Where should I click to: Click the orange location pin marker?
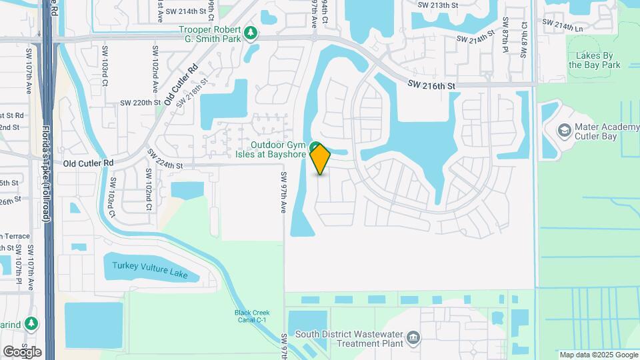pyautogui.click(x=321, y=159)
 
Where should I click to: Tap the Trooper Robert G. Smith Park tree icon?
pyautogui.click(x=251, y=32)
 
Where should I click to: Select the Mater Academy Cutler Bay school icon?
pyautogui.click(x=565, y=129)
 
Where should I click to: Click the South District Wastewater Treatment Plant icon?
pyautogui.click(x=413, y=337)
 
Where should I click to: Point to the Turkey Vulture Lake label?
pyautogui.click(x=150, y=270)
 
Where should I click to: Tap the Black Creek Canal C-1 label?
pyautogui.click(x=251, y=317)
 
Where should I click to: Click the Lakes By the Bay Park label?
pyautogui.click(x=595, y=61)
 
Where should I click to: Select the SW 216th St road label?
pyautogui.click(x=431, y=86)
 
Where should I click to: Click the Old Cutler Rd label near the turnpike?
pyautogui.click(x=88, y=163)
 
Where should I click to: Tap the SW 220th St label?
pyautogui.click(x=137, y=103)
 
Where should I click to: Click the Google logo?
pyautogui.click(x=22, y=352)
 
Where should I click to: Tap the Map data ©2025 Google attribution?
pyautogui.click(x=598, y=355)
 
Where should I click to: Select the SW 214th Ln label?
pyautogui.click(x=562, y=25)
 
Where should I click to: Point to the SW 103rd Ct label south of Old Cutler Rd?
pyautogui.click(x=113, y=197)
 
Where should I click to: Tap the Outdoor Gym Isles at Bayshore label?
pyautogui.click(x=278, y=150)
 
